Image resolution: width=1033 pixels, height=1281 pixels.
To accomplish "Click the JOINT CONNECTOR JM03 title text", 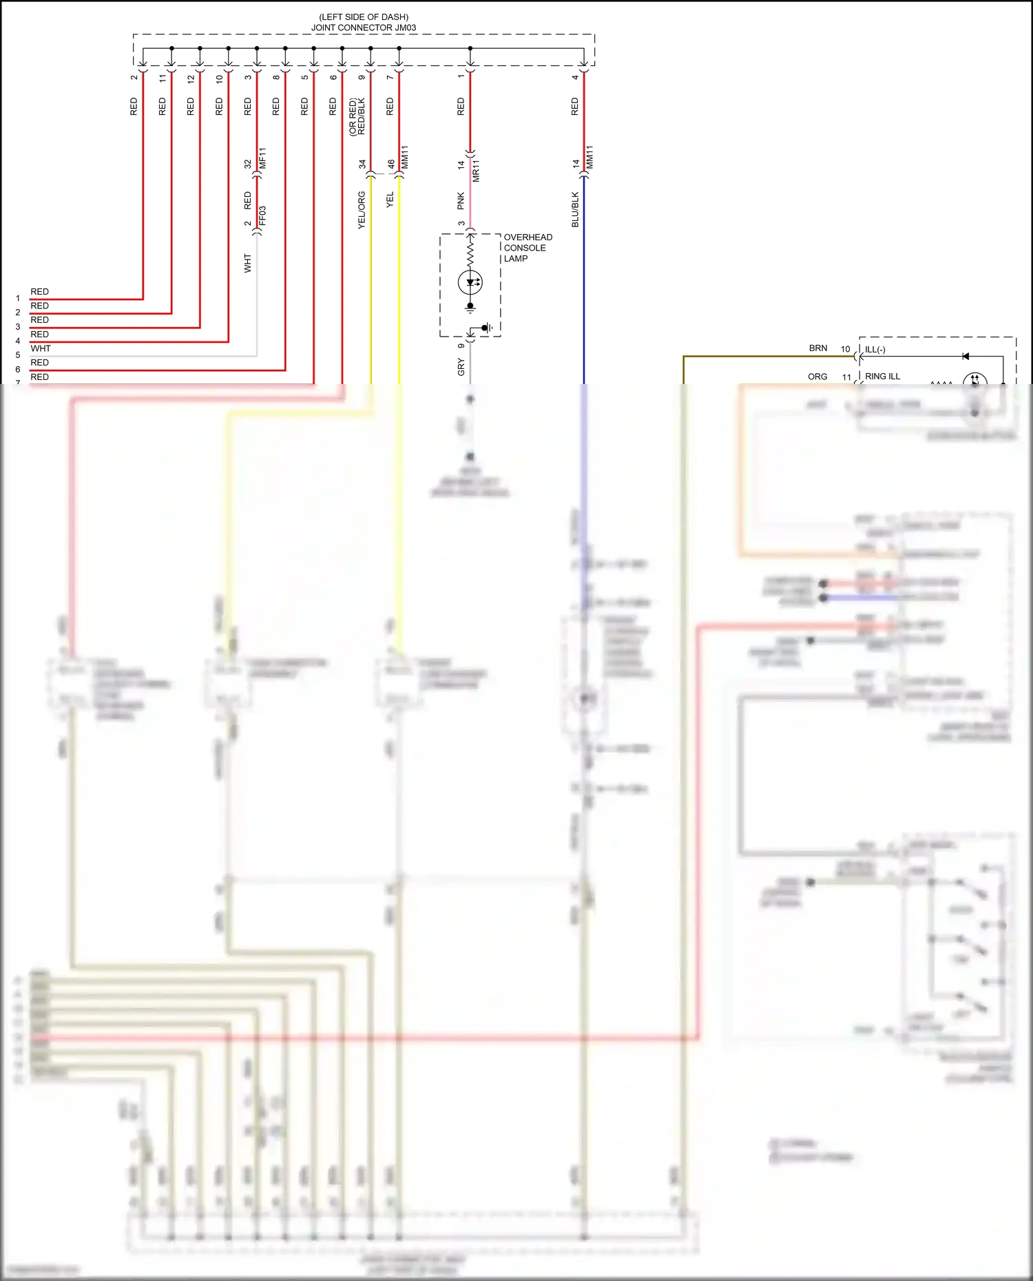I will click(x=363, y=28).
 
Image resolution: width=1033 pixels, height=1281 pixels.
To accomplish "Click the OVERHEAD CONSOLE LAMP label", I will click(x=527, y=248).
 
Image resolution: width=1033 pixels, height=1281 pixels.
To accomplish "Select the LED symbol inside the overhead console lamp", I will click(x=470, y=282).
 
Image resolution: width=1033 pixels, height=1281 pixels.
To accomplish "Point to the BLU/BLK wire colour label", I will click(x=575, y=209).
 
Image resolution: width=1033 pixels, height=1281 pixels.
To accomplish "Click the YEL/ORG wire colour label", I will click(x=362, y=210).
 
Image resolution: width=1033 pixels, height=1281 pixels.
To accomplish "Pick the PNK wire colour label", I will click(x=461, y=201).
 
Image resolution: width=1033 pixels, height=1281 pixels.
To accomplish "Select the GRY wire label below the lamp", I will click(x=461, y=367).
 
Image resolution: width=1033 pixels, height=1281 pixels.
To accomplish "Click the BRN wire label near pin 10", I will click(x=818, y=348).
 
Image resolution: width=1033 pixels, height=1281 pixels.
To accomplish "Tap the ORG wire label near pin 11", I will click(x=817, y=377).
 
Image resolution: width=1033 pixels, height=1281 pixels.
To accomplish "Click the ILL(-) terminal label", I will click(x=875, y=350).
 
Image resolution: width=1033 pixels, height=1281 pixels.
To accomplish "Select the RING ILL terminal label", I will click(x=882, y=377).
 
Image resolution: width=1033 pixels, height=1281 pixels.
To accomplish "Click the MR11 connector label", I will click(x=476, y=170).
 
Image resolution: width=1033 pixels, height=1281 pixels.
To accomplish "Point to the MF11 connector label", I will click(x=262, y=158).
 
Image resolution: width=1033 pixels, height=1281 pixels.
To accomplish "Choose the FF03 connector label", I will click(x=262, y=215).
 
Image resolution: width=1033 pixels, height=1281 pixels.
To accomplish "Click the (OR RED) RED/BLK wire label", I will click(x=357, y=116).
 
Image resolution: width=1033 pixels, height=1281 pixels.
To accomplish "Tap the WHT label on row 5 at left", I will click(x=41, y=348).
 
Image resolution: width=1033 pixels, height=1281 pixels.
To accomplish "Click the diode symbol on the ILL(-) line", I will click(x=966, y=357).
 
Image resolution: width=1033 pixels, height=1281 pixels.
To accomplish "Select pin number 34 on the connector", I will click(x=362, y=165).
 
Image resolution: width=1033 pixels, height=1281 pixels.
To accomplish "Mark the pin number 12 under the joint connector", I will click(x=191, y=78).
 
